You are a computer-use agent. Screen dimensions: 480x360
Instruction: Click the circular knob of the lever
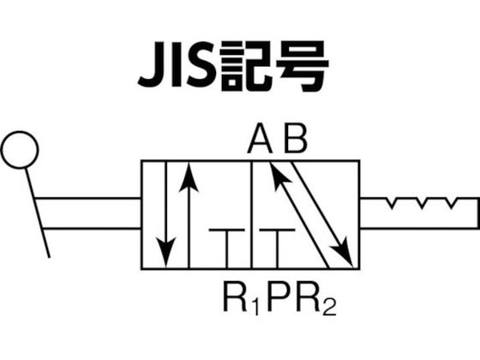[20, 133]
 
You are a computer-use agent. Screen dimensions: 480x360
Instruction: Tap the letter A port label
[260, 138]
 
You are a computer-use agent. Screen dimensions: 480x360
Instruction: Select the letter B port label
[295, 138]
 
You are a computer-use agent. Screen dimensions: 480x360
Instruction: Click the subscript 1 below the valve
[256, 306]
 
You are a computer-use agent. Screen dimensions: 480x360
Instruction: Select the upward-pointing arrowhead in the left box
[189, 177]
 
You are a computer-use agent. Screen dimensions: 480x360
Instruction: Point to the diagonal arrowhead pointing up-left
[279, 176]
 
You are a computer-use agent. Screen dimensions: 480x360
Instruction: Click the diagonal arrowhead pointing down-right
[344, 253]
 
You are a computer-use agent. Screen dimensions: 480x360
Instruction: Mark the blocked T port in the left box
[227, 249]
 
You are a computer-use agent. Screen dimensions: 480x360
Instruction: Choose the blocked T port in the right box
[278, 249]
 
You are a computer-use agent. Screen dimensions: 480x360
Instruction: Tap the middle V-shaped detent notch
[422, 204]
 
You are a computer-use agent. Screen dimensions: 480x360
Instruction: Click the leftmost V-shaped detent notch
[393, 204]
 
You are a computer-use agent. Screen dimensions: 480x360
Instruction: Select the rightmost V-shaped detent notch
[452, 204]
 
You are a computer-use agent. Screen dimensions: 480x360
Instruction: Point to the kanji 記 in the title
[246, 65]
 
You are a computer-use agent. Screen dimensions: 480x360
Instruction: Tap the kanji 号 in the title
[303, 66]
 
